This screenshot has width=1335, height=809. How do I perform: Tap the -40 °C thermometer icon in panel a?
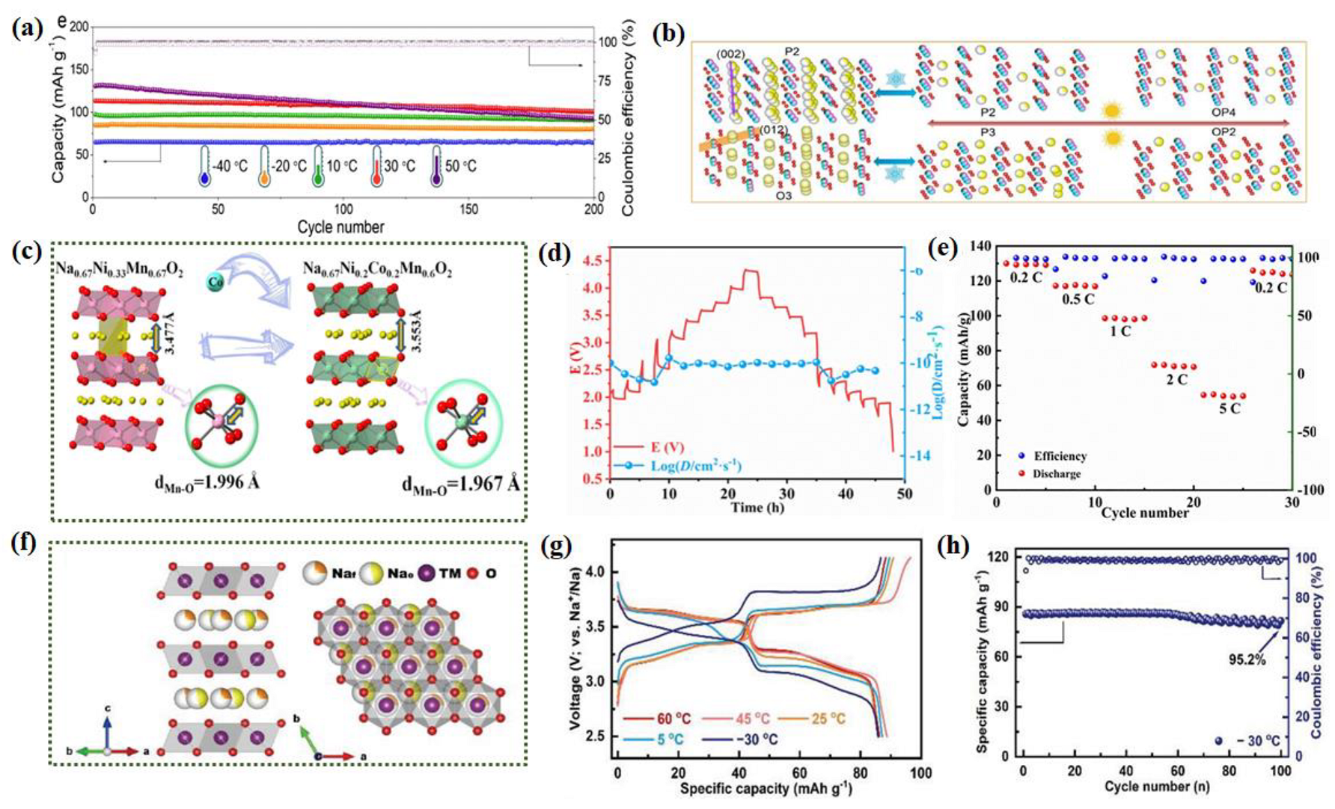[x=204, y=166]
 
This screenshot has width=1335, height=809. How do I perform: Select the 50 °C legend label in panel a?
[x=460, y=165]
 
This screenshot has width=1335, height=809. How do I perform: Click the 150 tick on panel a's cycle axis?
[x=468, y=210]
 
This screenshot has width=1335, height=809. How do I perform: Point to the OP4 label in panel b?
[x=1223, y=113]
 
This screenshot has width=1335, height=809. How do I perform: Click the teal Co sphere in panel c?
[x=215, y=282]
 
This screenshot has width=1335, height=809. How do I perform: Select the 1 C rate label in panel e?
[x=1119, y=331]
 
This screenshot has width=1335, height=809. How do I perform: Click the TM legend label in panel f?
[x=449, y=573]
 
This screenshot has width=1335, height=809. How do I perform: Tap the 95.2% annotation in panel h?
[x=1246, y=659]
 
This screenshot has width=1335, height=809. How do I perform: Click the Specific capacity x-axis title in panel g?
[x=766, y=788]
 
